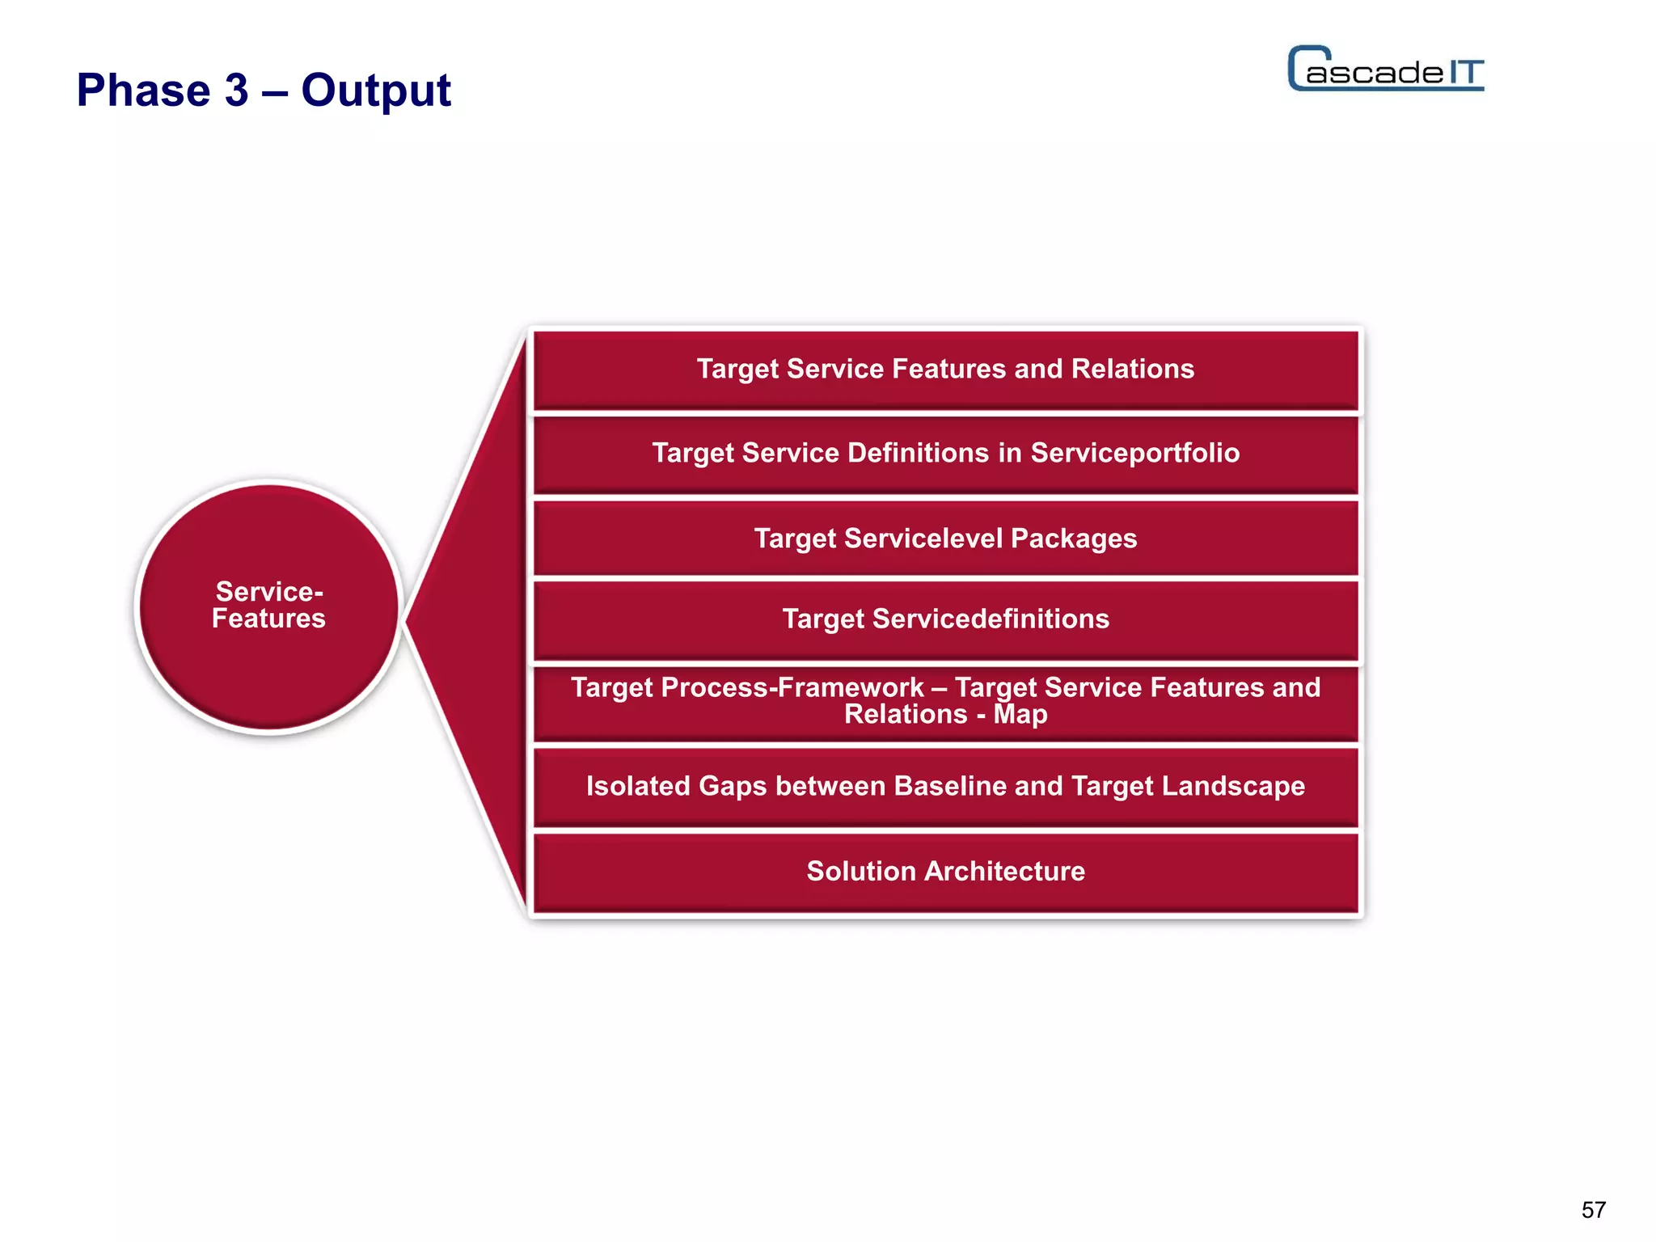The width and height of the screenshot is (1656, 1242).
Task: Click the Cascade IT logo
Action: coord(1385,70)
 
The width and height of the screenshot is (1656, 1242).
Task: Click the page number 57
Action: coord(1593,1210)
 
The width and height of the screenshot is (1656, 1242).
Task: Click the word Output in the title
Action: coord(376,90)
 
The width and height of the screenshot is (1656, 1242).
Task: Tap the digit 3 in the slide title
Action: coord(236,90)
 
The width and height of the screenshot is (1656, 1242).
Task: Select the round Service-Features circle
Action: coord(269,606)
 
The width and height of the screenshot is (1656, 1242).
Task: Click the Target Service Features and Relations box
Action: coord(945,370)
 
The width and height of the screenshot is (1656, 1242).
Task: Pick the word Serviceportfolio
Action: coord(1134,453)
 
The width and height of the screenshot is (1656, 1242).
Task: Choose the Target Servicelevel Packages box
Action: coord(945,539)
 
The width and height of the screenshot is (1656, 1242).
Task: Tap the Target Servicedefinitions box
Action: coord(945,619)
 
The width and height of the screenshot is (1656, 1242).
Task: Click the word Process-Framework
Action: coord(792,687)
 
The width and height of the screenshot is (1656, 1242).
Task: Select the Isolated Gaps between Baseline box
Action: coord(945,787)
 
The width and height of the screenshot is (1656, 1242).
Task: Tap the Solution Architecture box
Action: coord(945,872)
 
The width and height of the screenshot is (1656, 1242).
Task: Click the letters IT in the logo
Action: coord(1465,73)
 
